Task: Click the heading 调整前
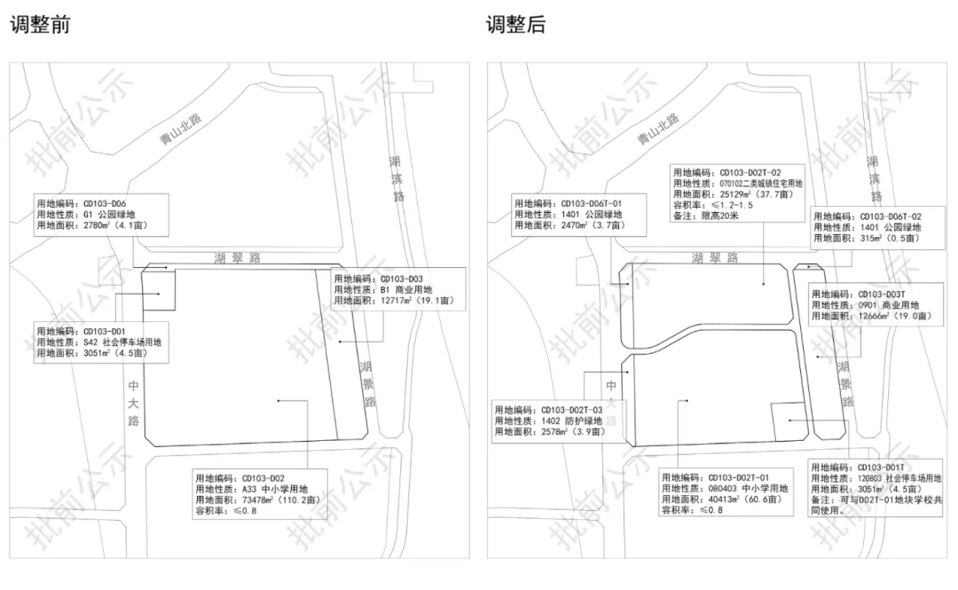[40, 24]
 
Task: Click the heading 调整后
[515, 24]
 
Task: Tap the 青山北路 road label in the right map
[657, 130]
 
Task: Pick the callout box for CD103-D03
[394, 289]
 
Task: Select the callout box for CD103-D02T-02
[738, 193]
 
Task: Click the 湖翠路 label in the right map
[715, 258]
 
